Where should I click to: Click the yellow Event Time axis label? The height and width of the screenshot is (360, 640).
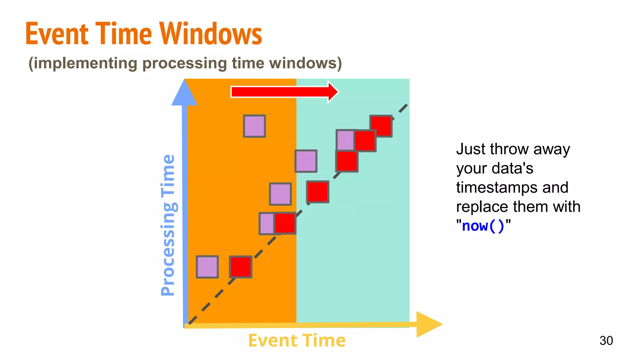(297, 340)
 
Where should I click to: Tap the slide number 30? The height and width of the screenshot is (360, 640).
(606, 341)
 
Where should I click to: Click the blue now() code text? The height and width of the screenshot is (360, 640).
(483, 226)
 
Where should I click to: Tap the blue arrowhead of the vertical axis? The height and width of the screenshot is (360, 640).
(184, 94)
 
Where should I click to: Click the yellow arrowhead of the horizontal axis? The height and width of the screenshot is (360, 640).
(428, 324)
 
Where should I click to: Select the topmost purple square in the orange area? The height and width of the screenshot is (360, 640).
(254, 126)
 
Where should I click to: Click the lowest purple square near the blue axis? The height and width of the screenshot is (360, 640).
(207, 267)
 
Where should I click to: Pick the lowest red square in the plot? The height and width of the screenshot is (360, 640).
(240, 267)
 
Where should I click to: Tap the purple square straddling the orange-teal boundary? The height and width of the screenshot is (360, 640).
(306, 161)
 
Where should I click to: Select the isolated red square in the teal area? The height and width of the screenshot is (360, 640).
(317, 192)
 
